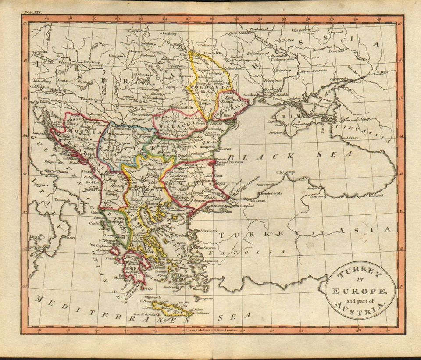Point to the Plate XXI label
(x=32, y=14)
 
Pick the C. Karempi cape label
(x=285, y=172)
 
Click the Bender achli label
(x=271, y=193)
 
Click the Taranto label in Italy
(x=62, y=200)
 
